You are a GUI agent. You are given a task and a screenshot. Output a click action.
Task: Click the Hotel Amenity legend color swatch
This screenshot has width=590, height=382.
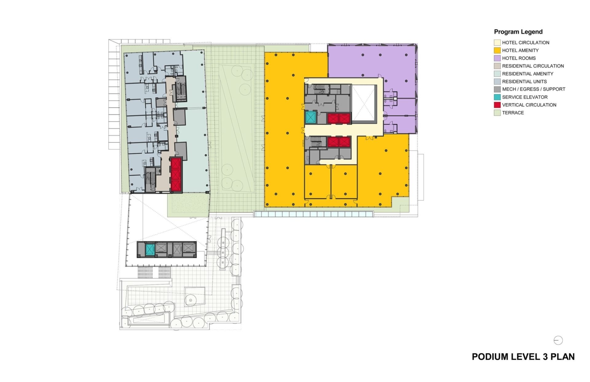coord(497,50)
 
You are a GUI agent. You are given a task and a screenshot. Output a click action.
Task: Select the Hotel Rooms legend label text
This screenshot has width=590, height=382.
coord(519,58)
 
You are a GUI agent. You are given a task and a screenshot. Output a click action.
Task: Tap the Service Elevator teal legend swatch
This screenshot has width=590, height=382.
coord(497,97)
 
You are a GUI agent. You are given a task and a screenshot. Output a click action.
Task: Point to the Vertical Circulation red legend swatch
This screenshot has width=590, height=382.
coord(497,105)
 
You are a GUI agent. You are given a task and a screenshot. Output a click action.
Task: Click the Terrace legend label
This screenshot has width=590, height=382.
coord(513,113)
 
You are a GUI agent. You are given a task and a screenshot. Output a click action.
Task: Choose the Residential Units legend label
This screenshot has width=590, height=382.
coord(524,82)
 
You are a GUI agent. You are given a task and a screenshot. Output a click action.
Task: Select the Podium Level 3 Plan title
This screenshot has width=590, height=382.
coord(523,356)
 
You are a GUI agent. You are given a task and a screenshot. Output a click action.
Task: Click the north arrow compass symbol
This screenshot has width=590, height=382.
coord(558,340)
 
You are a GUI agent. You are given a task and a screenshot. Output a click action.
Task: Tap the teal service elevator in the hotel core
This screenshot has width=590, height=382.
coord(311,117)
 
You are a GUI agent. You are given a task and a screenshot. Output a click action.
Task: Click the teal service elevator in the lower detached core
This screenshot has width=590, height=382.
coord(150,250)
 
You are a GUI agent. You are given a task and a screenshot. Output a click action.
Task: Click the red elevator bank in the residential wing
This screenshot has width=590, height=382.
coord(176,175)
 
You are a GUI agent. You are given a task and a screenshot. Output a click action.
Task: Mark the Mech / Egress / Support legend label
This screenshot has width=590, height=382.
coord(533,89)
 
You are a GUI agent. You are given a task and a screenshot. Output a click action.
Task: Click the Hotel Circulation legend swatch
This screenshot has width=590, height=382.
coord(497,43)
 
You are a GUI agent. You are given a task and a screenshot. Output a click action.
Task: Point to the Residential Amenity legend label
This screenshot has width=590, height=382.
coord(528,74)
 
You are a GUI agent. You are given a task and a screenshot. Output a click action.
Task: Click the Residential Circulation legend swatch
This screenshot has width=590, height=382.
coord(497,66)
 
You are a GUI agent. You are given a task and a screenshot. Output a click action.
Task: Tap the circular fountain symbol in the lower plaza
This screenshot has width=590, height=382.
coord(191,300)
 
